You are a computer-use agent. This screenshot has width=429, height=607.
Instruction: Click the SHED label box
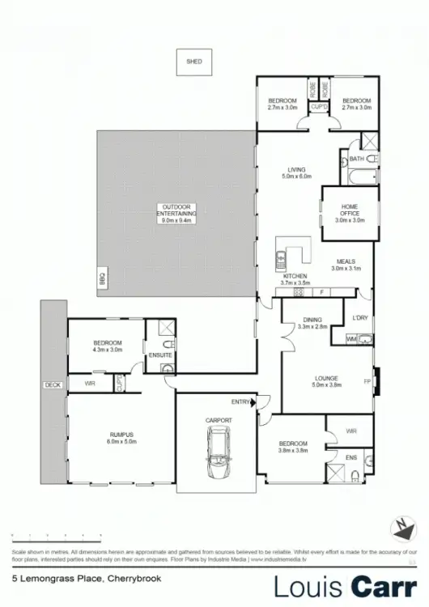(193, 62)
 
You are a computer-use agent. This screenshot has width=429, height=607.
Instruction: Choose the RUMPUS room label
(121, 438)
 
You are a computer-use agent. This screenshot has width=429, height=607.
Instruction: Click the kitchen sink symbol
(278, 261)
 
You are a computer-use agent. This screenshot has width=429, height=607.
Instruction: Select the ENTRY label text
(240, 402)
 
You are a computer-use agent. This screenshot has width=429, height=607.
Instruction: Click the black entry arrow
(254, 401)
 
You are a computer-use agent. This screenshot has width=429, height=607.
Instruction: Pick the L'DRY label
(361, 318)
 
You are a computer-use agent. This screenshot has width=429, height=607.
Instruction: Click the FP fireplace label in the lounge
(367, 380)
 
